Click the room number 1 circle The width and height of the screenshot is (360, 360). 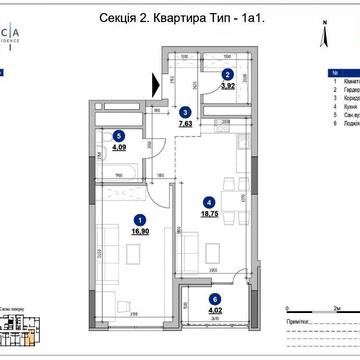[140, 221]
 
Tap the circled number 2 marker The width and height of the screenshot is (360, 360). [227, 74]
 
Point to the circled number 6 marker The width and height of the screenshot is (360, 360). [213, 299]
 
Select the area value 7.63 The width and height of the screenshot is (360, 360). [185, 125]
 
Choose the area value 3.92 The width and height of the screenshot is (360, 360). [227, 87]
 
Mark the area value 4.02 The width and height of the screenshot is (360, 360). [213, 311]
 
